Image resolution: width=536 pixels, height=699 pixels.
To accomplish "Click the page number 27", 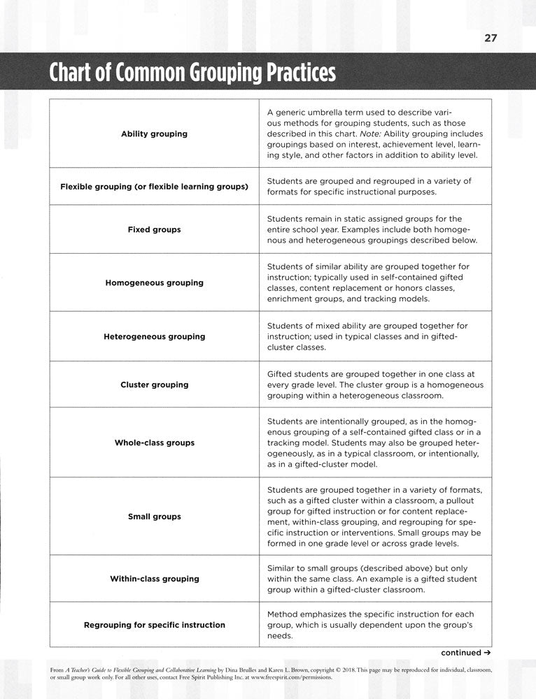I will (x=490, y=38).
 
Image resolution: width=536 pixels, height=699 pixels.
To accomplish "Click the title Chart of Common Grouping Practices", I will (x=192, y=72).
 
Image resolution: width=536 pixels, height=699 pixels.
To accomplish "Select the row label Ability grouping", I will (x=154, y=134).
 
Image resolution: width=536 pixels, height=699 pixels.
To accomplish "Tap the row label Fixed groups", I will (x=154, y=229).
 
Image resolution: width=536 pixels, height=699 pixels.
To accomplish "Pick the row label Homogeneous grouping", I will (x=154, y=283).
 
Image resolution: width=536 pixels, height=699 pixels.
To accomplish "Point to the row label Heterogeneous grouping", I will (x=154, y=336).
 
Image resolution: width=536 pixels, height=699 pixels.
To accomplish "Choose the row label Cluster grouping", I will (x=154, y=384).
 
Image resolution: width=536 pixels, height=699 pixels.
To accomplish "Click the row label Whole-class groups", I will (x=154, y=442).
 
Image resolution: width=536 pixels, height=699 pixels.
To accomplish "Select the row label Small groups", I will (x=154, y=517).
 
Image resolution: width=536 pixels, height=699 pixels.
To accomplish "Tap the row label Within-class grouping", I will (x=154, y=579).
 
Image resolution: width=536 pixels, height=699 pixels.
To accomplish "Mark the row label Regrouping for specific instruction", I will (x=154, y=625).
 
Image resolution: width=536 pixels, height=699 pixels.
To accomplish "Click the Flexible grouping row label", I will (x=154, y=187).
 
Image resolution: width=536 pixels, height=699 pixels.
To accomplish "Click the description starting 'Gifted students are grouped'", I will (x=375, y=384).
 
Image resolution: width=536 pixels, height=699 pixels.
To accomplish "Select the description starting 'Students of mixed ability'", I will (x=367, y=336).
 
